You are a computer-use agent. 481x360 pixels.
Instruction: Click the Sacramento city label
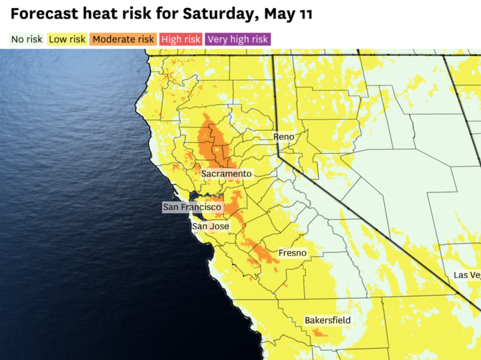226,174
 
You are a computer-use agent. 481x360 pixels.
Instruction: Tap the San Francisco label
192,208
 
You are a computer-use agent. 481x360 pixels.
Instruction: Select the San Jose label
210,226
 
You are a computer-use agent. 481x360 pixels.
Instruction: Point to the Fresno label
293,253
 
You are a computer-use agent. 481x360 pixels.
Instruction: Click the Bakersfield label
327,321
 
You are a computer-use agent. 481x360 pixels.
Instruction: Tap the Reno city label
283,137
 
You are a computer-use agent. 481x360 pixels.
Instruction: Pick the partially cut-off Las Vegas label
466,275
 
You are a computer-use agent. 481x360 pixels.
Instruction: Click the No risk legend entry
27,39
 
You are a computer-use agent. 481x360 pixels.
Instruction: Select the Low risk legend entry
67,39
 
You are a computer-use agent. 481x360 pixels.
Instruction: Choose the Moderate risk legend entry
123,39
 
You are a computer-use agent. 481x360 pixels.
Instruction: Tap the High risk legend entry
180,39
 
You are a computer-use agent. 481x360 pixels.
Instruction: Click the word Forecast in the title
40,13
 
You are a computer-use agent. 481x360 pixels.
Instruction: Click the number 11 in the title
303,13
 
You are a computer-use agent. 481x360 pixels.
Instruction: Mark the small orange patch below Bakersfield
321,333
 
